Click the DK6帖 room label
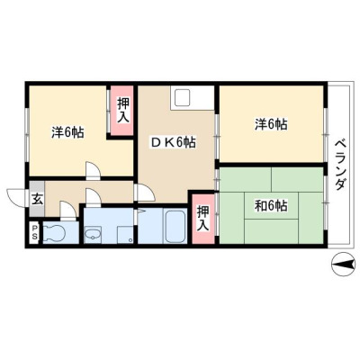coord(173,142)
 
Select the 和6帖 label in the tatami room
coord(271,206)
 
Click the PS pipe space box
coord(34,232)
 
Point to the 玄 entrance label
coord(37,200)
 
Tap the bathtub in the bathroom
coord(175,226)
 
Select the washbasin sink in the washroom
coord(94,234)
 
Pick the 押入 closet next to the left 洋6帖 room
coord(122,111)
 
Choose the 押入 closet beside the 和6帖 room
coord(203,219)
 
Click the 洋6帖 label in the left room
coord(67,132)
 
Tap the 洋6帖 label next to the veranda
coord(271,124)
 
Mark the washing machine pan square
coord(125,235)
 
